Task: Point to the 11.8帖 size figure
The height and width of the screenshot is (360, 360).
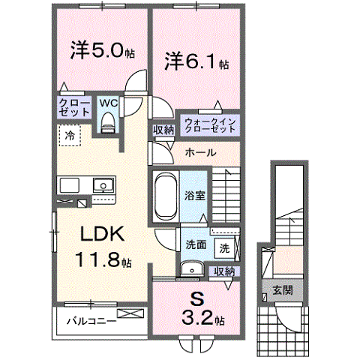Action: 104,262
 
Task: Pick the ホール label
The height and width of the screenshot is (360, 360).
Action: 200,152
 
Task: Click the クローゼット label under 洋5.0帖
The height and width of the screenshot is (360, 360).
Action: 73,107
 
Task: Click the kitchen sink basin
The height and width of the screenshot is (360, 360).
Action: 100,184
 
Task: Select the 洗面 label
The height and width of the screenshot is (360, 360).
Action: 196,244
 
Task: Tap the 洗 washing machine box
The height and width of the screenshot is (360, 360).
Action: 224,247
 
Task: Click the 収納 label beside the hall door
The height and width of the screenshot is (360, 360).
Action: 163,130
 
